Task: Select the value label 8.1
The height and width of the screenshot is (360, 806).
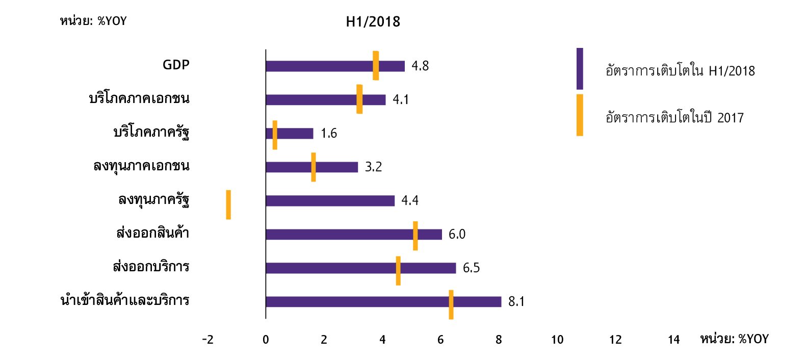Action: point(516,301)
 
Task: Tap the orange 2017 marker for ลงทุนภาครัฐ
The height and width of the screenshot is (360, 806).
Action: point(228,204)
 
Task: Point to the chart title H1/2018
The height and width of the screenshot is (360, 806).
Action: point(373,22)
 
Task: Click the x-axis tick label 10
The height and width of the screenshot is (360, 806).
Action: point(557,340)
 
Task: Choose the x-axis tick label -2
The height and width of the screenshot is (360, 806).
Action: point(207,340)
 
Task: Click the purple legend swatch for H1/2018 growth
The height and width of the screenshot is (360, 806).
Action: point(580,69)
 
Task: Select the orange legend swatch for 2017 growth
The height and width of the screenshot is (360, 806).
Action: point(580,115)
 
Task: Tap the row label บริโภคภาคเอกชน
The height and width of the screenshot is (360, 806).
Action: point(139,98)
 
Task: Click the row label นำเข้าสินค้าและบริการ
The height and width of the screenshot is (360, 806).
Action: point(125,300)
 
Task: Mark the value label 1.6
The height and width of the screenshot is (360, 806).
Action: point(328,133)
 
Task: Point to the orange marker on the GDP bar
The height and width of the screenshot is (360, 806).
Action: point(376,65)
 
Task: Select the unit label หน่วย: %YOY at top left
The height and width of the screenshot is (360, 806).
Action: point(93,21)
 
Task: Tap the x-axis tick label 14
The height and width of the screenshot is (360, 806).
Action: point(673,340)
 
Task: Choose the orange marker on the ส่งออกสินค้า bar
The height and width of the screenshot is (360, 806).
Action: point(415,236)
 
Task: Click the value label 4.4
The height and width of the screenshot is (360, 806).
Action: point(409,200)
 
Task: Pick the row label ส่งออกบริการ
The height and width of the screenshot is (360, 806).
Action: point(151,267)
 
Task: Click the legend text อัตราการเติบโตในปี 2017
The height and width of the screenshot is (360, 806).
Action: point(674,118)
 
